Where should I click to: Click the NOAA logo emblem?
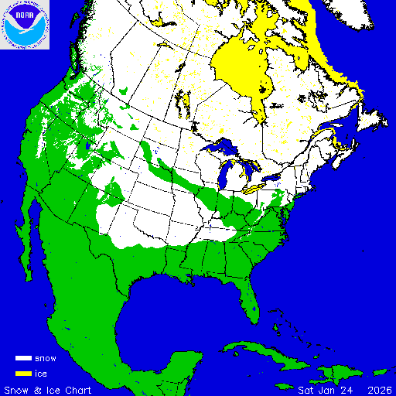[25, 25]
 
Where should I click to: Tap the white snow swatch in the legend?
[24, 359]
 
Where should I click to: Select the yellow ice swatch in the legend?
[24, 373]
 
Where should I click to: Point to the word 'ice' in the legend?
[41, 373]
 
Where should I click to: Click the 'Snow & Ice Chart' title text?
[48, 389]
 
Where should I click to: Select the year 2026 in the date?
[379, 389]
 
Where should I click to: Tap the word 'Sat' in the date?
[306, 389]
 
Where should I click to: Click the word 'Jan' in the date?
[327, 389]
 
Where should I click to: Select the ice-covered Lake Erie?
[254, 188]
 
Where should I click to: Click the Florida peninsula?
[247, 298]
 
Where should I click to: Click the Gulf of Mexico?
[186, 309]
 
